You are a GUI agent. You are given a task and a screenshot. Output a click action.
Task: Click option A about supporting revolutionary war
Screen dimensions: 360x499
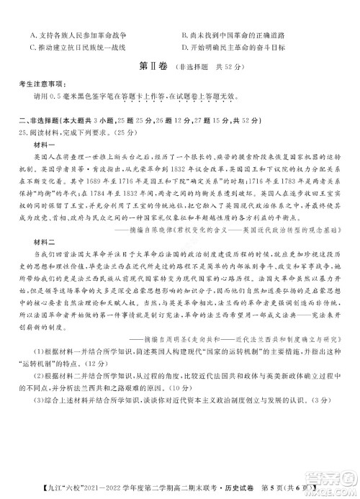(79, 35)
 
